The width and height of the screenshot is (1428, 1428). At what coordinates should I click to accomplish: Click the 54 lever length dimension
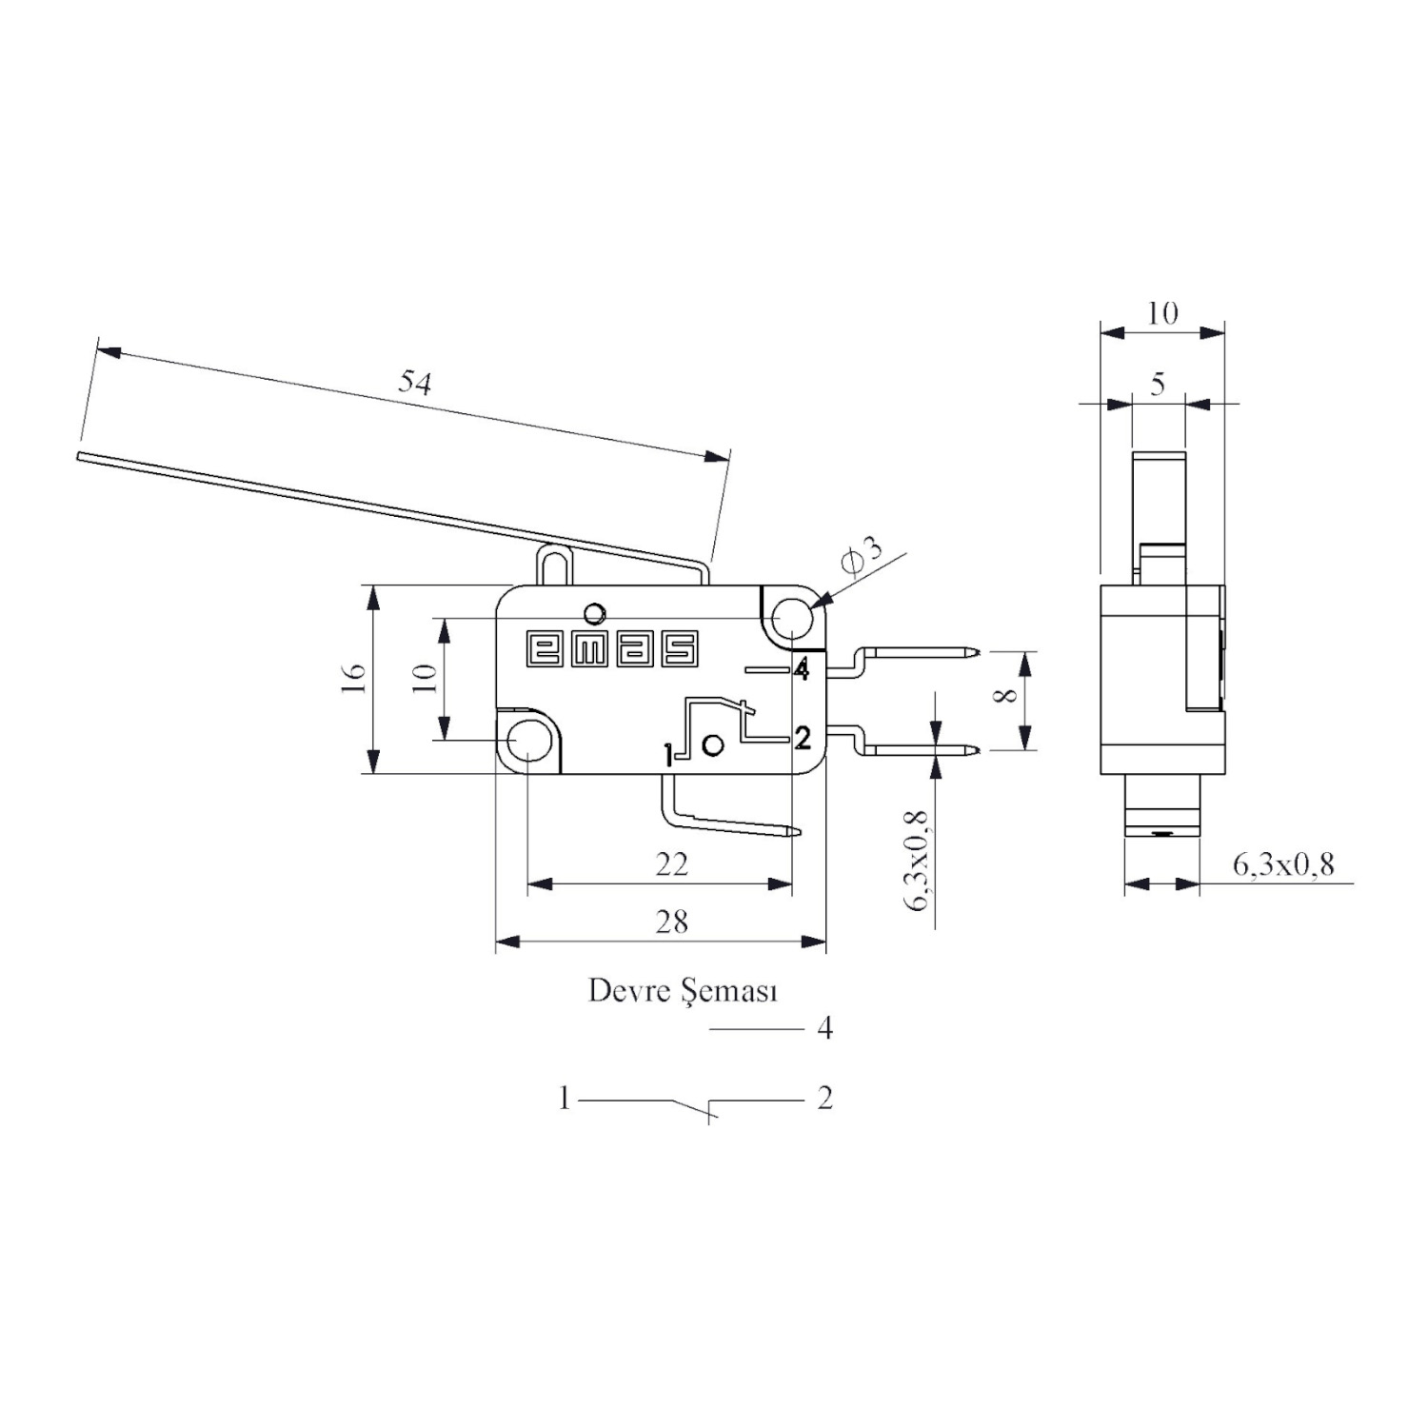[415, 383]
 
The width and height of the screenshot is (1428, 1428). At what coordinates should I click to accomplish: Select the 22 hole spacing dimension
[671, 864]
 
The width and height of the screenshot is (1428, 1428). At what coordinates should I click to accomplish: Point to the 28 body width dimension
[671, 922]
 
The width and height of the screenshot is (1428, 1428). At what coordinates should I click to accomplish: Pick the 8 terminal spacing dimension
[1004, 695]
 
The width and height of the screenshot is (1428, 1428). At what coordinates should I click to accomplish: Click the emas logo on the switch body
[612, 648]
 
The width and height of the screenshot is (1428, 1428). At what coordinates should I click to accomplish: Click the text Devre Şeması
[684, 992]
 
